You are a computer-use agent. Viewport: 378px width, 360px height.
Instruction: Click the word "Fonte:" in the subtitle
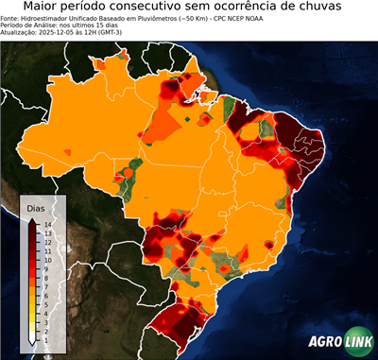point(12,17)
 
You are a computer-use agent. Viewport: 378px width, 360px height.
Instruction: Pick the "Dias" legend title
point(36,207)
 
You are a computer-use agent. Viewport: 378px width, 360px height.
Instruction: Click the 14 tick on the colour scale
point(46,224)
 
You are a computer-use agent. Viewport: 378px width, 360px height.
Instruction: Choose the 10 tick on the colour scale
point(46,259)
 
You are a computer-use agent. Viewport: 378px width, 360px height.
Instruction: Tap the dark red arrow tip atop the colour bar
point(33,219)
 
